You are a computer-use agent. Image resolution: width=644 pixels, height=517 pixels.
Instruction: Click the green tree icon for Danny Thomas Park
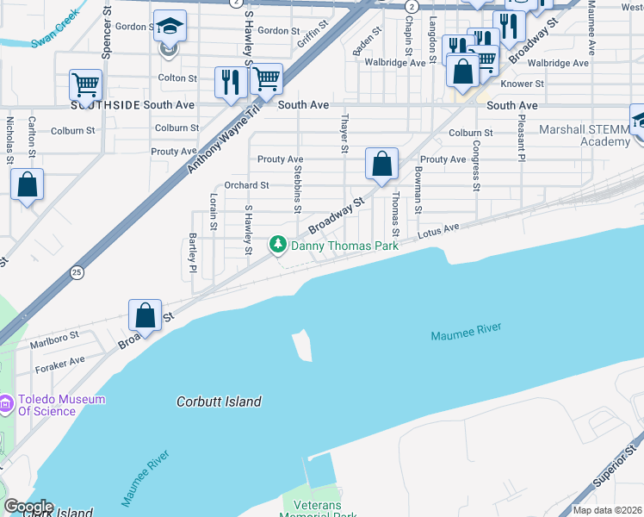(x=278, y=246)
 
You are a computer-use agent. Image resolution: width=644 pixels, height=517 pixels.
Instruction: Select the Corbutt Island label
(x=219, y=402)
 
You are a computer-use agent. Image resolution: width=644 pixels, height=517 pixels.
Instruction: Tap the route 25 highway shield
(x=77, y=272)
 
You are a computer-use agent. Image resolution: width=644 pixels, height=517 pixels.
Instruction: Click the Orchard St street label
(x=246, y=185)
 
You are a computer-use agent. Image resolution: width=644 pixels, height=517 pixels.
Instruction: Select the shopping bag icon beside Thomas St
(x=381, y=163)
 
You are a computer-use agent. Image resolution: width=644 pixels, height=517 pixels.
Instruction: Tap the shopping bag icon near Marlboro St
(x=146, y=315)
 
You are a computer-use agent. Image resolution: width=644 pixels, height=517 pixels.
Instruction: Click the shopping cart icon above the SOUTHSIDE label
(x=86, y=85)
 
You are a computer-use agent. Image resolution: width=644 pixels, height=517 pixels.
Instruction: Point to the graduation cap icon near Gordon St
(x=170, y=27)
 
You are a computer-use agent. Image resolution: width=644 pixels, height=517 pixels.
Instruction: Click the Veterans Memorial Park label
(x=319, y=510)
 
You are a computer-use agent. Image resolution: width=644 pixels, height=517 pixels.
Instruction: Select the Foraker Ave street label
(x=60, y=364)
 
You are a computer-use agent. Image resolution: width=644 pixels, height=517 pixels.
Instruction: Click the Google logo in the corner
(x=28, y=507)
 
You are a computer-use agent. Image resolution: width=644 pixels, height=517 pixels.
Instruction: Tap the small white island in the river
(x=302, y=345)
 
